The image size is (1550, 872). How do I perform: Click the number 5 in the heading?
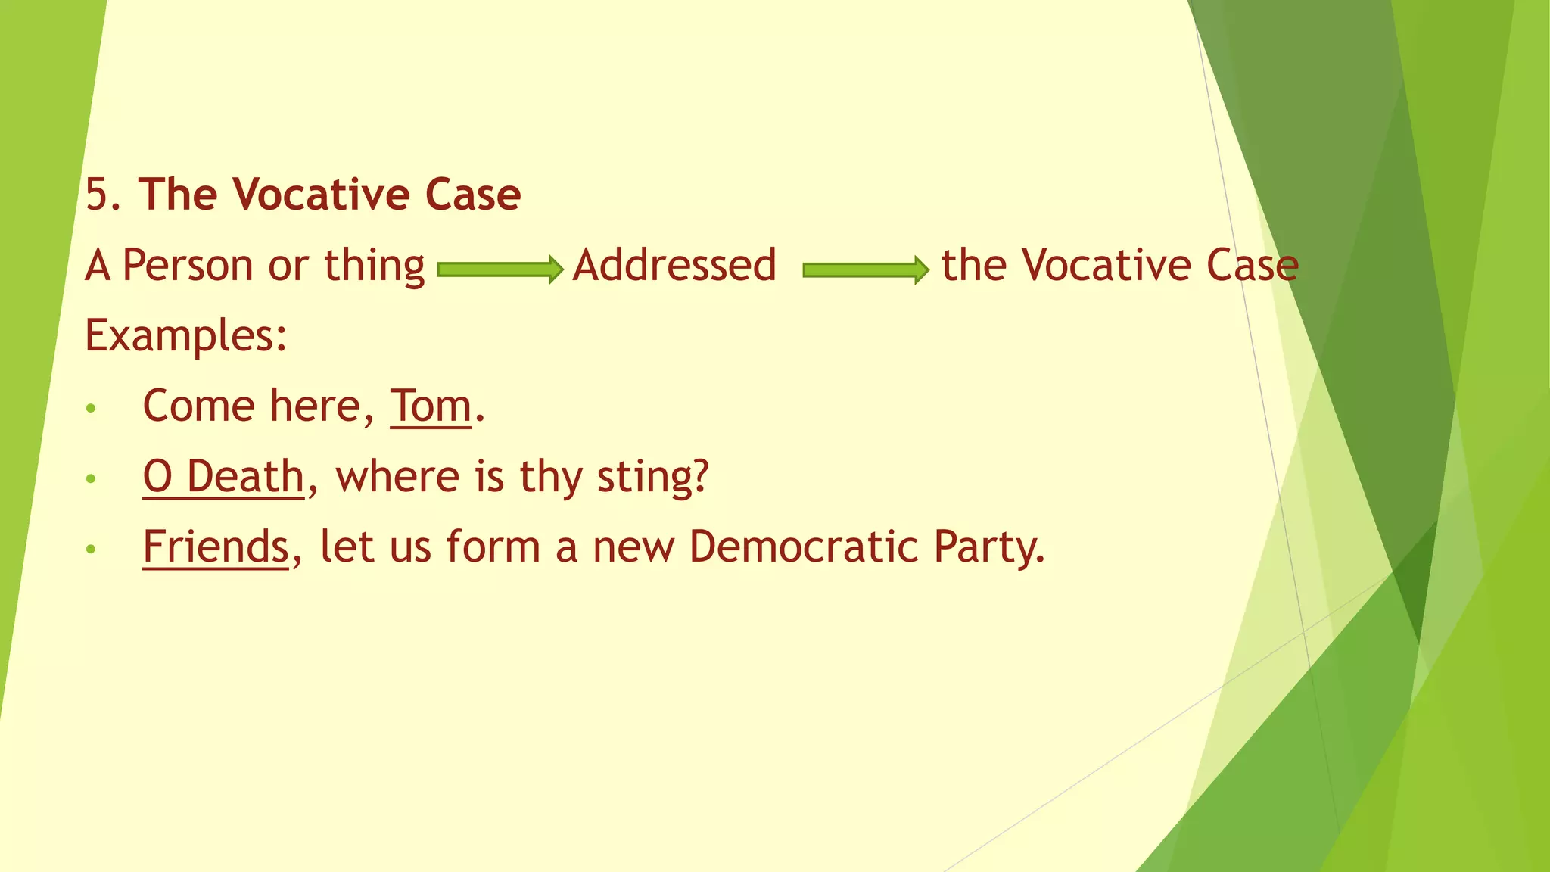(98, 195)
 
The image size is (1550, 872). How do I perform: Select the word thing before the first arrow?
(375, 266)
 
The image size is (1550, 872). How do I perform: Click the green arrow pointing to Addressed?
(500, 269)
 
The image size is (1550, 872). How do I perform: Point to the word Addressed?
(674, 266)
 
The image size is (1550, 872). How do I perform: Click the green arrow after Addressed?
(866, 269)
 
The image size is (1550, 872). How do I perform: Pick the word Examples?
(185, 335)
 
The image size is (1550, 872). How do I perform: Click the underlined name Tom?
(431, 406)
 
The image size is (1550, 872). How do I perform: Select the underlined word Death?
(244, 477)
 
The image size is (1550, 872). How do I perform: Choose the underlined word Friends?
(216, 547)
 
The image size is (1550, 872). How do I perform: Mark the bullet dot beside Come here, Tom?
(91, 409)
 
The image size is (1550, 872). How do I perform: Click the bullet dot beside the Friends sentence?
(91, 549)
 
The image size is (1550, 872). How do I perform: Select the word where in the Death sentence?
(397, 477)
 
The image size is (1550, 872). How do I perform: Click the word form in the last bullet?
(493, 547)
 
